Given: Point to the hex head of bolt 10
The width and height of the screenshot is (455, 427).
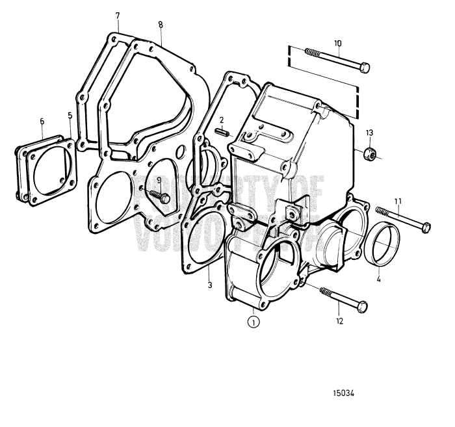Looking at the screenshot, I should [365, 67].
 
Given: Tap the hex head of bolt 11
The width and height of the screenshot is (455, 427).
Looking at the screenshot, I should [426, 227].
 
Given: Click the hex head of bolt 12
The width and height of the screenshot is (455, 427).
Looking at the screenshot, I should [362, 305].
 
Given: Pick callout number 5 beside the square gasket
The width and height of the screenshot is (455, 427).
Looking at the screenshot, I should [70, 116].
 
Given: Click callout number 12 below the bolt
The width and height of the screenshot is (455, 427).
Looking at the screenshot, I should [337, 320].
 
